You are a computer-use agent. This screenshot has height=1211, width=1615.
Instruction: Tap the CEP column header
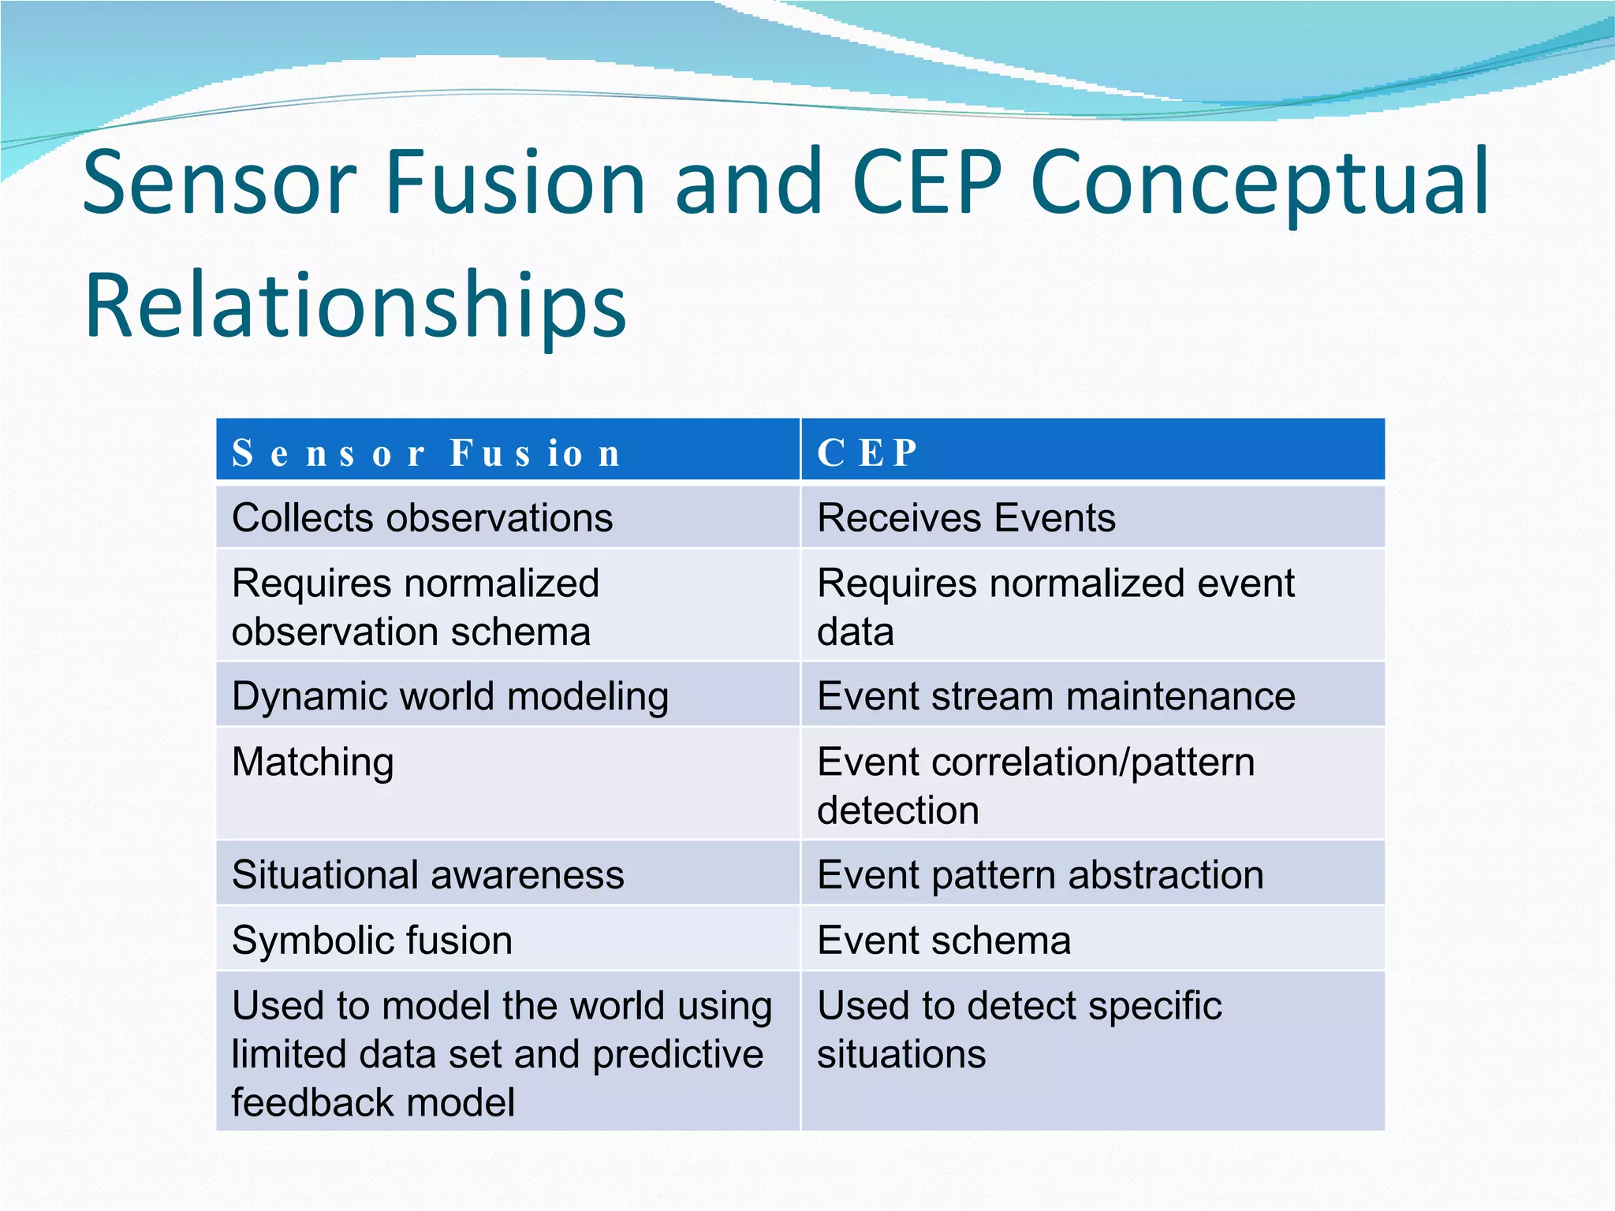867,453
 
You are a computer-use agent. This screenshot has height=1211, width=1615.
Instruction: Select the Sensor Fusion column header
426,453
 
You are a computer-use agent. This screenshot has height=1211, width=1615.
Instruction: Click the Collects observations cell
422,518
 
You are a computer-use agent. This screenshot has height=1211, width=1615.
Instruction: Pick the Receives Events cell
966,518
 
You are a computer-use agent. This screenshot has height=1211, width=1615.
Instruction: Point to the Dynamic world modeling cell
450,696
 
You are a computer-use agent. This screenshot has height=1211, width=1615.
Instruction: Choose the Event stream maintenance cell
1056,696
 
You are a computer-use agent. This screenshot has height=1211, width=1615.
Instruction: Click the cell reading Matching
313,762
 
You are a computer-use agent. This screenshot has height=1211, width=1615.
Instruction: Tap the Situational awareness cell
427,875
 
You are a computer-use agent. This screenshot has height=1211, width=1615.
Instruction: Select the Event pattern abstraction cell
1040,875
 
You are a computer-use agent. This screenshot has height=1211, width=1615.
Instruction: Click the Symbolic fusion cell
372,941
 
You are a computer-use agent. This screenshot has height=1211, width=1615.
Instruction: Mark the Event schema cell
944,941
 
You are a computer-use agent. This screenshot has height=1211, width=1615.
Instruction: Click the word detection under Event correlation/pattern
898,810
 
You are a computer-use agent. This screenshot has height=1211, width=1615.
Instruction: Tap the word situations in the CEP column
901,1054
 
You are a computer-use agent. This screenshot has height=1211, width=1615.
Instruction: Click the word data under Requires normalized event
856,632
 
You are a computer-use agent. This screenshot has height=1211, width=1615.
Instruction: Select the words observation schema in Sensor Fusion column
411,632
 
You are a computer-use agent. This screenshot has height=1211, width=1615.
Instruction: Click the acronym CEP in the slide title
927,183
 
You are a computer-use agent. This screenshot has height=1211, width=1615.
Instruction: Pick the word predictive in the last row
678,1054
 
